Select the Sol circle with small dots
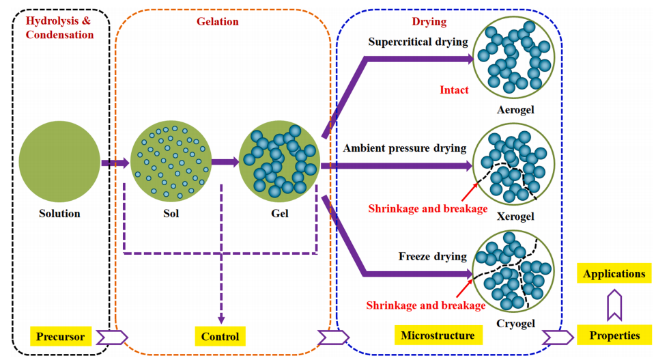171,163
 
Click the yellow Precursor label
61,336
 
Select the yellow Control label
220,336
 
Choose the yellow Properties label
614,335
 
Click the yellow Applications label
614,274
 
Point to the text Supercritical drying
418,42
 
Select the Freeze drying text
432,257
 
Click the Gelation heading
217,21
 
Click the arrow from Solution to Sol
115,163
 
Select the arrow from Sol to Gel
225,163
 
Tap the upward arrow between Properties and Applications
614,305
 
